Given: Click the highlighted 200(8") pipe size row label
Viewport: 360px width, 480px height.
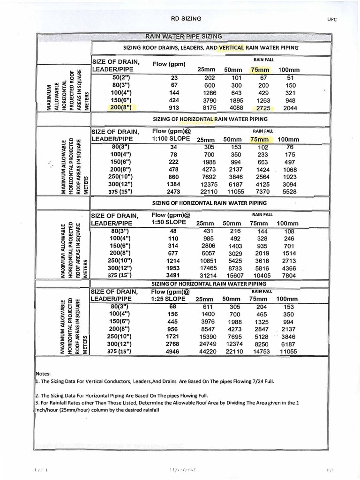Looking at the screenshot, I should coord(117,107).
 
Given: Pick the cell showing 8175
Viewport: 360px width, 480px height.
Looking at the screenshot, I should coord(209,107).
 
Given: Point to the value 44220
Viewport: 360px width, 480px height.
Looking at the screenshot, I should coord(208,351).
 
